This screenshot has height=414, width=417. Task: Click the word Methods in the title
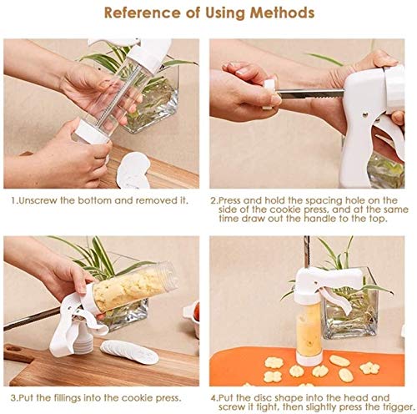(x=282, y=13)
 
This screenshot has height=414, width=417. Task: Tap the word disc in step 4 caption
(x=261, y=398)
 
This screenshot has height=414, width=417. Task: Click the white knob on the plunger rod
(x=269, y=94)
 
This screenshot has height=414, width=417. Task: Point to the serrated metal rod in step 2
(x=310, y=93)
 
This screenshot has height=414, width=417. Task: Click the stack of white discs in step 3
(x=129, y=351)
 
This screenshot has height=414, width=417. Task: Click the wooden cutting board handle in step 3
(x=18, y=353)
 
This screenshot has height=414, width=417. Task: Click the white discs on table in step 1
(x=133, y=170)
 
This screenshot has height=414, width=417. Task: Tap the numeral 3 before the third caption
(x=13, y=398)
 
